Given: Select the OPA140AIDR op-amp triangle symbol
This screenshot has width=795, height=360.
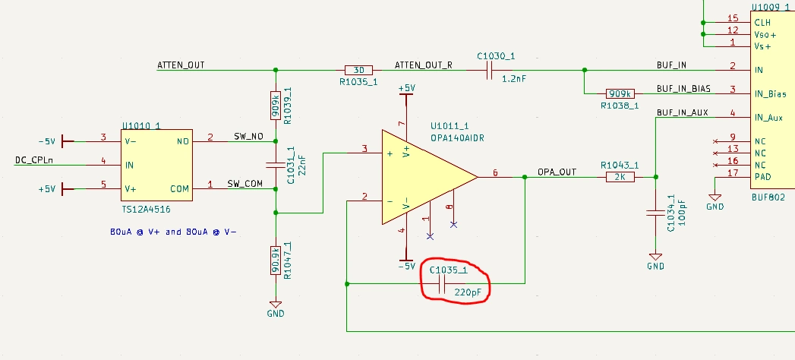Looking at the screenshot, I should [425, 177].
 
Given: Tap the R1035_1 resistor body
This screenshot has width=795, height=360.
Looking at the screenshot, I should [358, 70].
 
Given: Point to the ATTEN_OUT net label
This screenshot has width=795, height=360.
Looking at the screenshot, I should [181, 65].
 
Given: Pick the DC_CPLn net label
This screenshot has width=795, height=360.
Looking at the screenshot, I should [35, 160].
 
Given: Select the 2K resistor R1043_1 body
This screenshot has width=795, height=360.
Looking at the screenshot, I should [620, 177].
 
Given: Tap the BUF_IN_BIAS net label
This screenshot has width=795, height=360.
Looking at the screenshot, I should [683, 89].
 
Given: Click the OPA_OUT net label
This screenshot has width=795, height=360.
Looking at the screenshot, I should [557, 172].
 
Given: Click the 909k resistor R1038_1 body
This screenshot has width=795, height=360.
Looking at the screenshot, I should [620, 93].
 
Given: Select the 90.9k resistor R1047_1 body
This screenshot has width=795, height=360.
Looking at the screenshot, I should [276, 260].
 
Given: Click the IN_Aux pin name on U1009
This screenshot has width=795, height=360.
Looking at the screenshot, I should [768, 118].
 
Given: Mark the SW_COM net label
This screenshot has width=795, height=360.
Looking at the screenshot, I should [244, 184].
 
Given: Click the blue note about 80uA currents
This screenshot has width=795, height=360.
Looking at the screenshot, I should [173, 231].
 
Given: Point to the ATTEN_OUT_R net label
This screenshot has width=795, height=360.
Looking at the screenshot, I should [424, 65].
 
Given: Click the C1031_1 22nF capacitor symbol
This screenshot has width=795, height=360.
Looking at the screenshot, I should [276, 164].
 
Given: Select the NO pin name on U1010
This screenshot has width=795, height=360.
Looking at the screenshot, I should [182, 141].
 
